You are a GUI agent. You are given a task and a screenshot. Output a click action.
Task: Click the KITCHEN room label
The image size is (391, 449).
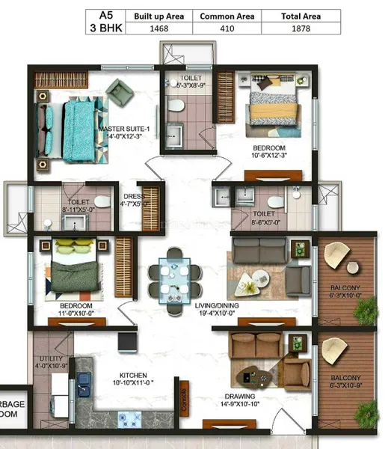[132, 376]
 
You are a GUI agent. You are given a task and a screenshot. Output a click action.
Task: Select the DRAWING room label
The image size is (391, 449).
[238, 397]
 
